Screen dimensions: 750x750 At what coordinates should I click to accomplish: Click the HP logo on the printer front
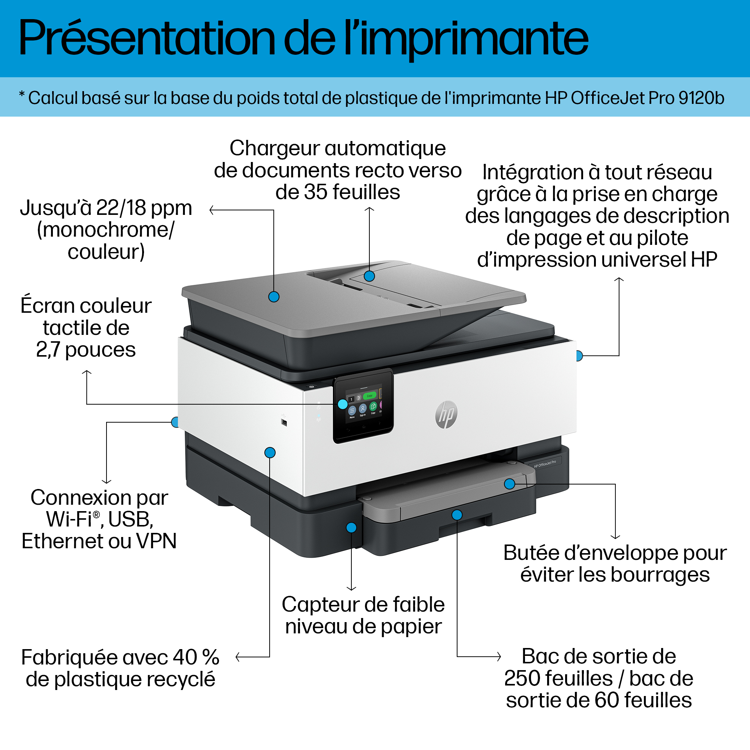point(446,415)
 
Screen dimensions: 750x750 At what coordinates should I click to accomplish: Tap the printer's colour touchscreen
point(363,406)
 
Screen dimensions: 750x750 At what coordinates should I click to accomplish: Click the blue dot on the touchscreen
point(343,404)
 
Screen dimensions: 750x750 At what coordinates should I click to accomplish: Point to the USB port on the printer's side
point(284,422)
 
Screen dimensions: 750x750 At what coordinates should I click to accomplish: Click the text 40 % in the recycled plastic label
point(196,657)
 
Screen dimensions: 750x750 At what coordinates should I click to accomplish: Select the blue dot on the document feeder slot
point(369,276)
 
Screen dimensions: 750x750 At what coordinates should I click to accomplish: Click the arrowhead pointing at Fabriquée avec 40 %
point(238,657)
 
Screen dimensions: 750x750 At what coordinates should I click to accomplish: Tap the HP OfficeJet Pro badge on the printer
point(544,463)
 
